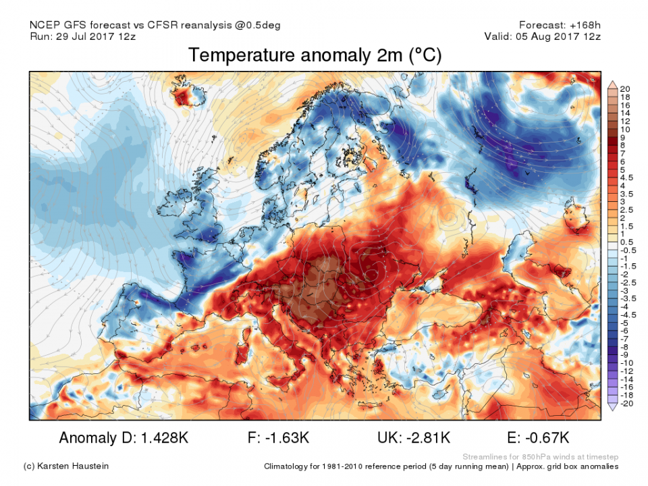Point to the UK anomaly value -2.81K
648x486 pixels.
click(423, 437)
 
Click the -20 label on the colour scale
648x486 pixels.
click(625, 403)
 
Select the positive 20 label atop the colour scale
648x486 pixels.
click(625, 88)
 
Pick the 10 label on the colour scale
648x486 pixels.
click(625, 129)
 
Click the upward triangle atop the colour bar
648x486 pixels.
click(613, 84)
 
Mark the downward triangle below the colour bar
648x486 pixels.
click(613, 406)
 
